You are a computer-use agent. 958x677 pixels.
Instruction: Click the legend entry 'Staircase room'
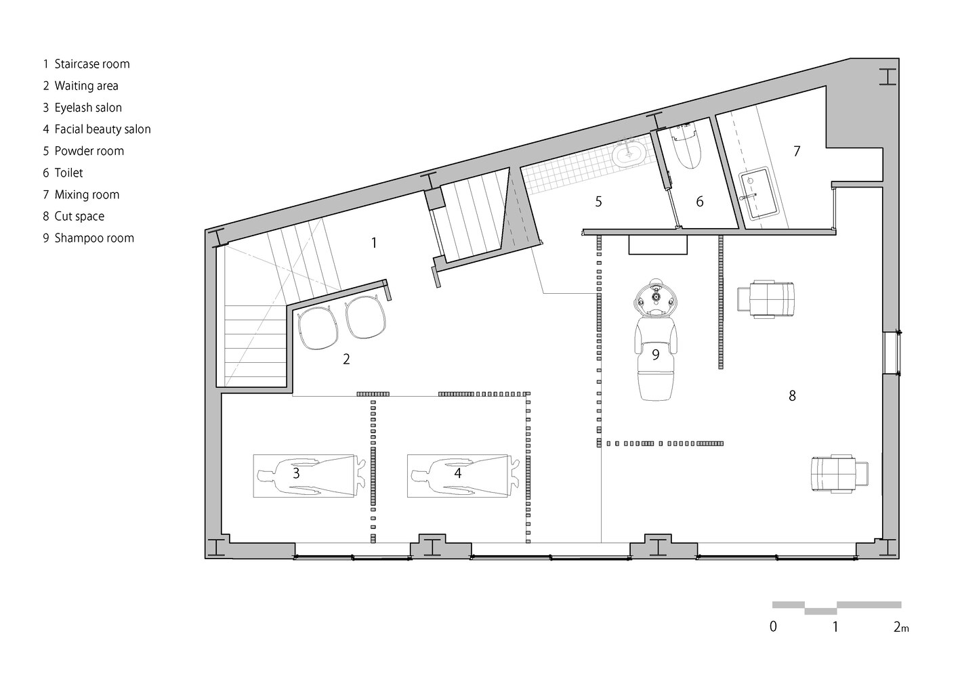92,64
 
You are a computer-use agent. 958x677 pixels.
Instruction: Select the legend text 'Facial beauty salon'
103,129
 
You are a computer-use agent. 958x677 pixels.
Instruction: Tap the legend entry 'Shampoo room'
94,238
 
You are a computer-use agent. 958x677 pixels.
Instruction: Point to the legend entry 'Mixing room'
87,194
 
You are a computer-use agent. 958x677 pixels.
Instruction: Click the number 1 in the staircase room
374,243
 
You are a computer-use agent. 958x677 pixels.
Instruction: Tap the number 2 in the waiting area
346,359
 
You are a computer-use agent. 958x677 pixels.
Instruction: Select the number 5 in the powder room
599,201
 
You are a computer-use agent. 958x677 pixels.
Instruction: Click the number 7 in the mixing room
797,151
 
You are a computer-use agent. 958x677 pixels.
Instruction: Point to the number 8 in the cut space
793,396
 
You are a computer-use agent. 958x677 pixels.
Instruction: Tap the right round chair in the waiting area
366,316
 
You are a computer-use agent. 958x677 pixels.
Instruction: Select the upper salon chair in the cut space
766,299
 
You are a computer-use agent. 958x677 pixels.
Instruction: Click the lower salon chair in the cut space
840,475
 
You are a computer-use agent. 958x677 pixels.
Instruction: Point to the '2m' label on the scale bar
901,627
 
